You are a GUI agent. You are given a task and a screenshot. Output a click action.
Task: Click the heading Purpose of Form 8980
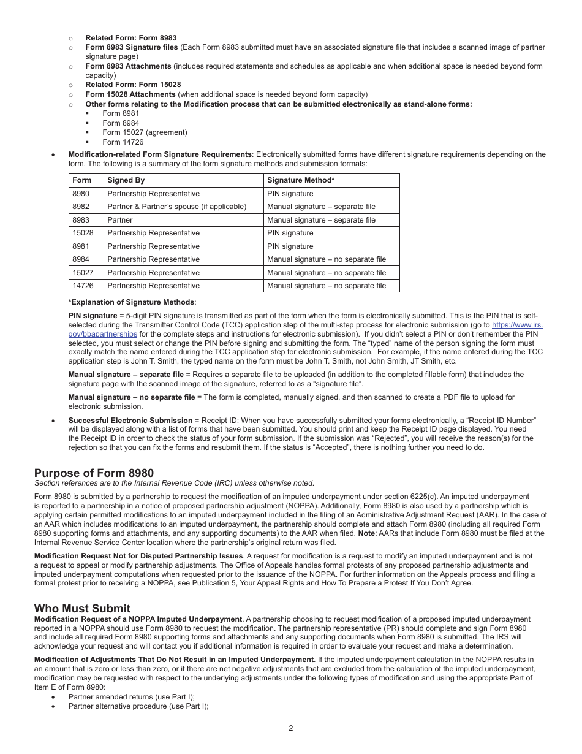click(94, 473)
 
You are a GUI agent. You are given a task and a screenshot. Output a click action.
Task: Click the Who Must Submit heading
click(82, 608)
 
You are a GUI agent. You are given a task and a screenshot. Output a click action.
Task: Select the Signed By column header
click(126, 180)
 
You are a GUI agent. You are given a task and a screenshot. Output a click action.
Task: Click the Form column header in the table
click(81, 180)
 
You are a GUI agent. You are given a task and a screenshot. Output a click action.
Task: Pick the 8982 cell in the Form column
click(81, 207)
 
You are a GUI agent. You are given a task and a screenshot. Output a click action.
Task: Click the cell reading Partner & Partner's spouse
click(176, 207)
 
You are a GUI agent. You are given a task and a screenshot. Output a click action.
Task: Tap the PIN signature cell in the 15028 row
click(290, 233)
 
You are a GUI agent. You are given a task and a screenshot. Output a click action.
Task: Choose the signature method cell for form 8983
click(321, 220)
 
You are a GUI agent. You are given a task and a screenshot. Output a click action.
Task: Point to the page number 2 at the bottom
click(291, 728)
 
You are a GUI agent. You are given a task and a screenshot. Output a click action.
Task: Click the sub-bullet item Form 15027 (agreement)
click(145, 132)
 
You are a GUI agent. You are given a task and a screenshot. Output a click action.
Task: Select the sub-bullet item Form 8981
click(121, 113)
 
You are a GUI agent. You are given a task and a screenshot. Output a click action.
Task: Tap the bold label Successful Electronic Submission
click(130, 421)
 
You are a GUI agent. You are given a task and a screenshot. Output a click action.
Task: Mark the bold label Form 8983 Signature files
click(132, 47)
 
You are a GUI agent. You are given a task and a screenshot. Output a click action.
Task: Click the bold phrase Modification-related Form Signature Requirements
click(159, 154)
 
